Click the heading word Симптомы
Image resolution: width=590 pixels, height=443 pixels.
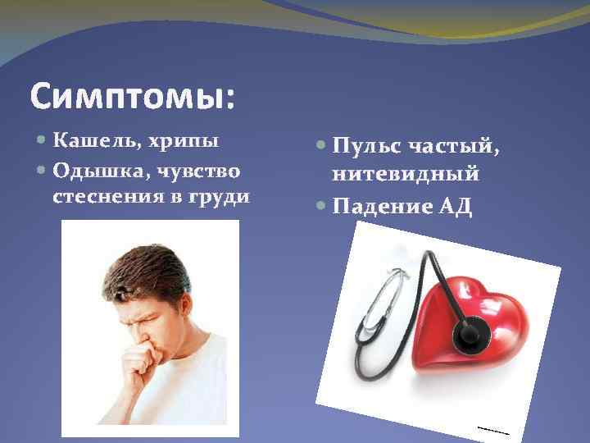pos(132,97)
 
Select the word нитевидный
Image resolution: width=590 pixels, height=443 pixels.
pos(406,175)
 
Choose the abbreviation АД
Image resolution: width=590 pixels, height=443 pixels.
pos(456,205)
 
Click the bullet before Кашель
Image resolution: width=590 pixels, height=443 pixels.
pos(43,141)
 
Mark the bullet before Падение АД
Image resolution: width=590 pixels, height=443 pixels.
pos(321,207)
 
